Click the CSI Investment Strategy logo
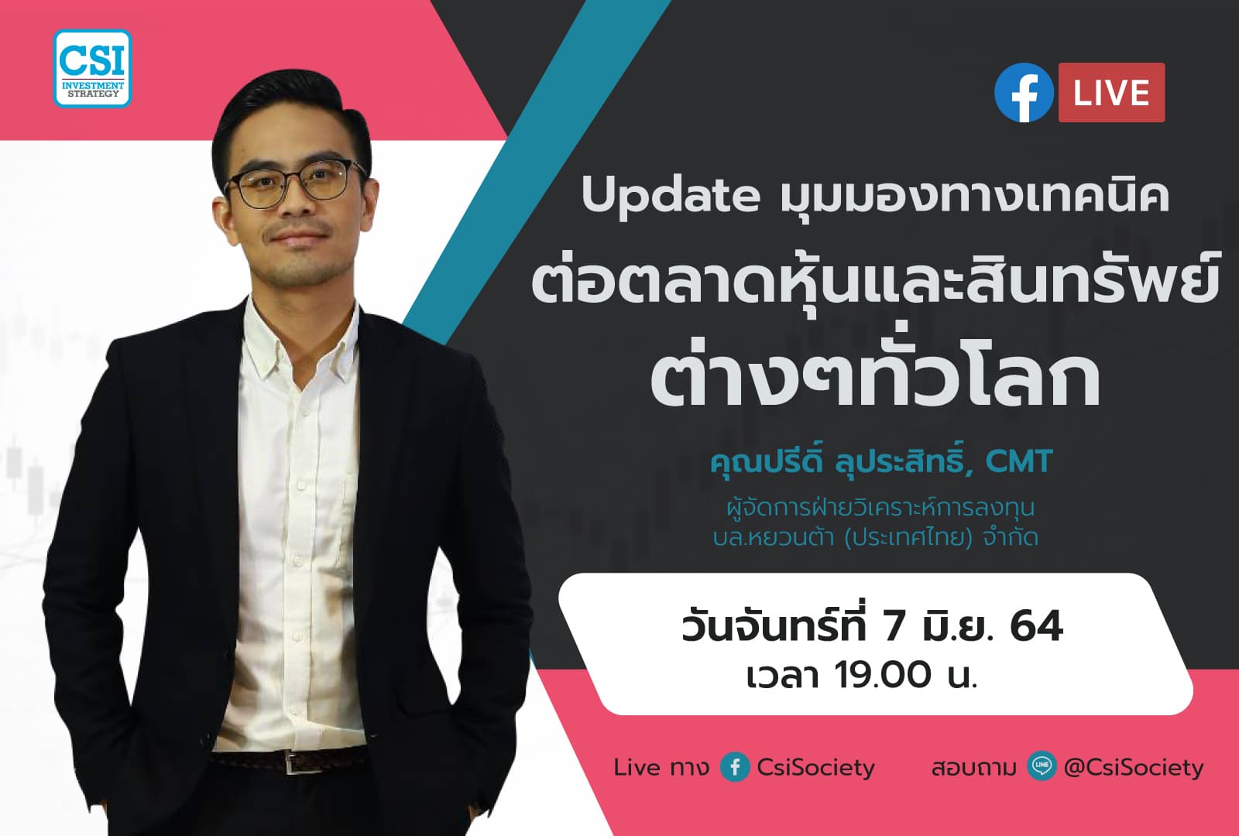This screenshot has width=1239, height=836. pyautogui.click(x=92, y=68)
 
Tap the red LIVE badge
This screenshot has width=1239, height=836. pyautogui.click(x=1111, y=93)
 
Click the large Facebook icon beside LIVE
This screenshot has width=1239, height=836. pyautogui.click(x=1024, y=93)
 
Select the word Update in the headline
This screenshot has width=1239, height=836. pyautogui.click(x=671, y=196)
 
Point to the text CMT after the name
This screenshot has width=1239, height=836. pyautogui.click(x=1019, y=462)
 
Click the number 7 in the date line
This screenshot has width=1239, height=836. pyautogui.click(x=894, y=627)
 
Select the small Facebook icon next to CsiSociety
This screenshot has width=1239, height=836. pyautogui.click(x=735, y=767)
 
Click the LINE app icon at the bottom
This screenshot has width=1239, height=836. pyautogui.click(x=1042, y=766)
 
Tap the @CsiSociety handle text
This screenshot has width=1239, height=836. pyautogui.click(x=1134, y=767)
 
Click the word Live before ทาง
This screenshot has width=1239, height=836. pyautogui.click(x=637, y=767)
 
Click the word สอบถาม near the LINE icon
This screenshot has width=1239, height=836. pyautogui.click(x=973, y=768)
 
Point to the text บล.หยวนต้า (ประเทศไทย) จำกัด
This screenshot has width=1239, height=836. pyautogui.click(x=875, y=537)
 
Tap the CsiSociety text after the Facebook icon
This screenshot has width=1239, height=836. pyautogui.click(x=815, y=767)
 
